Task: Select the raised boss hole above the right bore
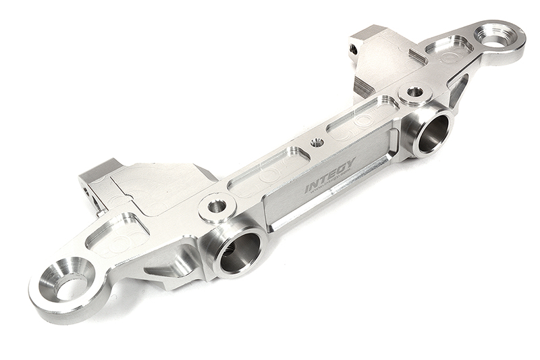414,92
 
